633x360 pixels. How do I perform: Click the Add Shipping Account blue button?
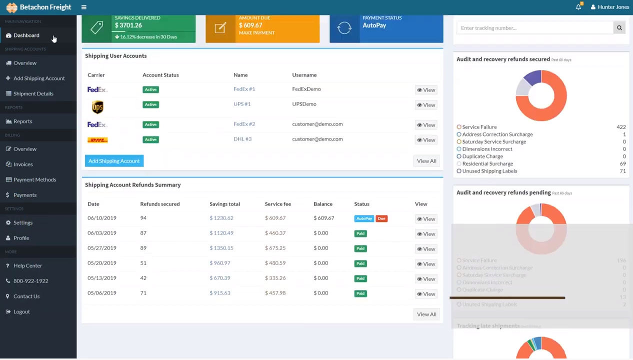114,161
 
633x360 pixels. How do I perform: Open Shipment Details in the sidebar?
33,93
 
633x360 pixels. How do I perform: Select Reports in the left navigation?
22,121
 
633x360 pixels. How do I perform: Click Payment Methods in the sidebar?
34,179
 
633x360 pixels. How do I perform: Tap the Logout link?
21,311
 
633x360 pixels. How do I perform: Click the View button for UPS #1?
426,105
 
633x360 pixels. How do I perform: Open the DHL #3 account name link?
242,139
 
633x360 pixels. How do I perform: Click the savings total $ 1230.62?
221,218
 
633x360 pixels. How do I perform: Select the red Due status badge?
381,218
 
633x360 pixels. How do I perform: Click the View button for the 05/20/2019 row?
426,264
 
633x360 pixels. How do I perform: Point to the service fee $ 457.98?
275,293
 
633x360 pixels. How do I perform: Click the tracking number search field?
534,28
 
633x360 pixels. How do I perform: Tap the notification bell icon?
578,7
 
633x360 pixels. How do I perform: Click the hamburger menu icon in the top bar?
84,7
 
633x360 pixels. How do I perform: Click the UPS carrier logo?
97,106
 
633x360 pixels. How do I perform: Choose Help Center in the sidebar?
27,265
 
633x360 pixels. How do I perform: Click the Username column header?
304,75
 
